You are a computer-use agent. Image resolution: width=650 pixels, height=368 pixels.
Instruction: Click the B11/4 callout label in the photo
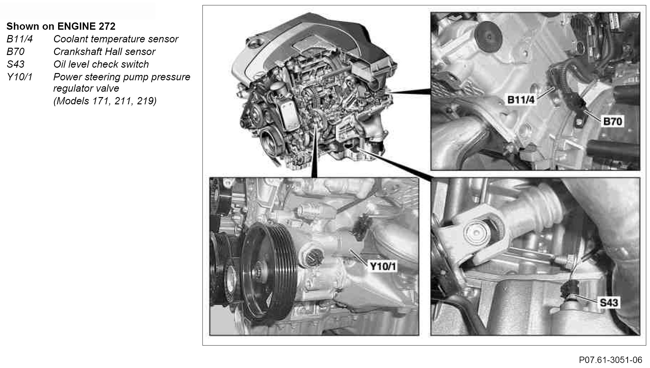pos(521,100)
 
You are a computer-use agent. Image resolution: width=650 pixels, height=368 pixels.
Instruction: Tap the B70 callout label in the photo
pos(612,121)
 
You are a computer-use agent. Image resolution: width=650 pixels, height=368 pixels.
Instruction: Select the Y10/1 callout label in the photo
pos(383,266)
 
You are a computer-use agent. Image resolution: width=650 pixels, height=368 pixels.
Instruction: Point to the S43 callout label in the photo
pos(609,303)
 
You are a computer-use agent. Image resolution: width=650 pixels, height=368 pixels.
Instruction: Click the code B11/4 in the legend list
pos(20,39)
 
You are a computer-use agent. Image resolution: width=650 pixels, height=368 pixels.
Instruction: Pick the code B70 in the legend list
pos(15,52)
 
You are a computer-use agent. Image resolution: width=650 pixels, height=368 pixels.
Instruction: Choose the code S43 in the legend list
pos(15,64)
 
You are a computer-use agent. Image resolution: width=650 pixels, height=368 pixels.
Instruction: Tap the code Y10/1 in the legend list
pos(20,77)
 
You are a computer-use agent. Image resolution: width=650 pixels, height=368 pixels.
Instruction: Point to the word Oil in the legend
pos(59,64)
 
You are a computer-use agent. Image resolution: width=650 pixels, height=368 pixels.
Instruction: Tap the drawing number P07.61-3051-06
pos(611,360)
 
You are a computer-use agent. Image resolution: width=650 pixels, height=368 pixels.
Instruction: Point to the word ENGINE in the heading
pos(78,26)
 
